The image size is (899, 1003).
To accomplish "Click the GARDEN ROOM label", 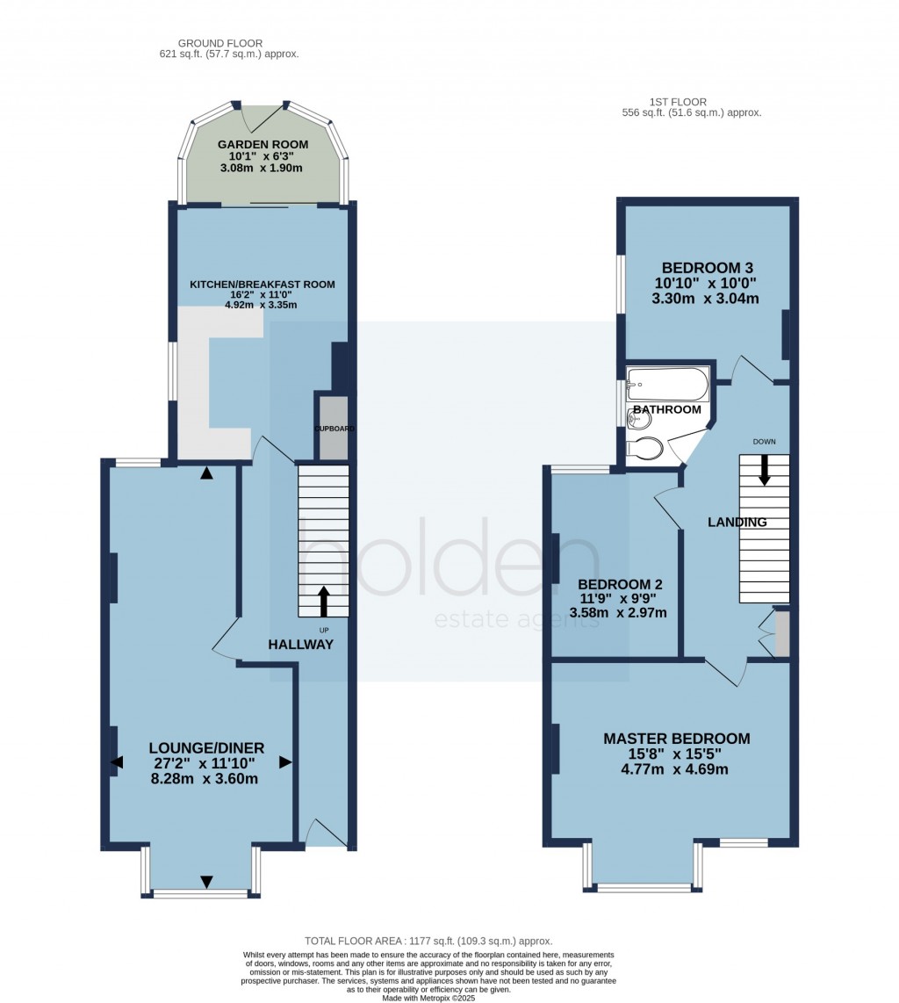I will (263, 145).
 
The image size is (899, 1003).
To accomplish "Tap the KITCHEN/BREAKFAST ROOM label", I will (263, 284).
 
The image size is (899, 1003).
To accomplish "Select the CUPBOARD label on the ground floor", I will (334, 429).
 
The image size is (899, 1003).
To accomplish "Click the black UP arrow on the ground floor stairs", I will (324, 602).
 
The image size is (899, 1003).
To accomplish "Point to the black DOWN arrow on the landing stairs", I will (765, 469).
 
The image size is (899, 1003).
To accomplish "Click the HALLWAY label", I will (301, 645).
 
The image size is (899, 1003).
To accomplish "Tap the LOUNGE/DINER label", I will (205, 748).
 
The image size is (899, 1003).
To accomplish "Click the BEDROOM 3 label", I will (708, 269).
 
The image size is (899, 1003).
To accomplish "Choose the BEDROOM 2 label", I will (620, 585).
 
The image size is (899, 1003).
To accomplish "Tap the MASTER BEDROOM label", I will (676, 739).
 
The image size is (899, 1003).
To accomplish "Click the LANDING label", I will (737, 523).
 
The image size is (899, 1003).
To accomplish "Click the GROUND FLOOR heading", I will (220, 43).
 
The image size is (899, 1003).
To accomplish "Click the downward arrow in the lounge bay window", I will (206, 881).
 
